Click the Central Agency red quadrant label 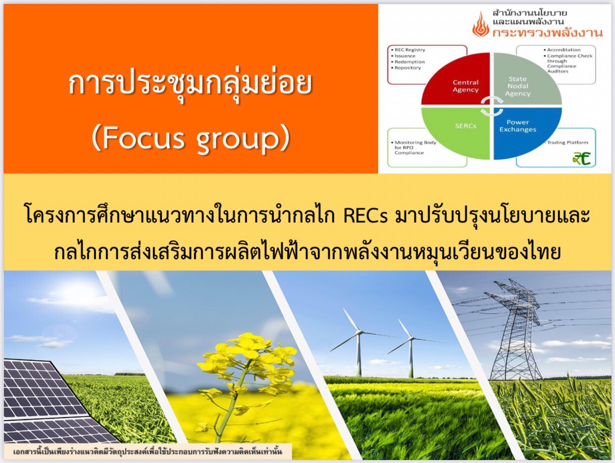(x=465, y=86)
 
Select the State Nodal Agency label (x=517, y=86)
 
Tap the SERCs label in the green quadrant (x=465, y=126)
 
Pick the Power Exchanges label (x=517, y=126)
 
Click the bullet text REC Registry (x=410, y=50)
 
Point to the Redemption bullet (x=410, y=61)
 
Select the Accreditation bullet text (x=564, y=50)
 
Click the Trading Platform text (x=567, y=142)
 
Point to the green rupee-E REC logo (x=582, y=158)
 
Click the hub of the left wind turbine (x=358, y=332)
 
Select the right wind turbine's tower (x=411, y=359)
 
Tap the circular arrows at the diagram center (x=491, y=106)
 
